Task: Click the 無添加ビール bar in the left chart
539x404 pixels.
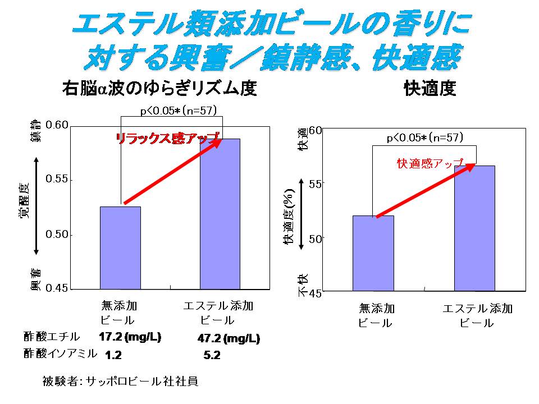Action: tap(120, 247)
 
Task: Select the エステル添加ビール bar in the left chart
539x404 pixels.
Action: tap(220, 214)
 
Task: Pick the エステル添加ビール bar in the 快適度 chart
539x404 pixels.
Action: tap(474, 228)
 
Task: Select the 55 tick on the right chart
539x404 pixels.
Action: tap(316, 184)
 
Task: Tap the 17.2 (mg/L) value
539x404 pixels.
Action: tap(130, 337)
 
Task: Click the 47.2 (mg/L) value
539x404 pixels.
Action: tap(229, 339)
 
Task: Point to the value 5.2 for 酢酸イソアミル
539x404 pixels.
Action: tap(212, 355)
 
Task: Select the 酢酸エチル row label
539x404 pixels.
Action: tap(52, 337)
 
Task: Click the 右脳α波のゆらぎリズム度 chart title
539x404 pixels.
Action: tap(159, 89)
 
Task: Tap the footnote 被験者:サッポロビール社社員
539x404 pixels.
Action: tap(120, 382)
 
